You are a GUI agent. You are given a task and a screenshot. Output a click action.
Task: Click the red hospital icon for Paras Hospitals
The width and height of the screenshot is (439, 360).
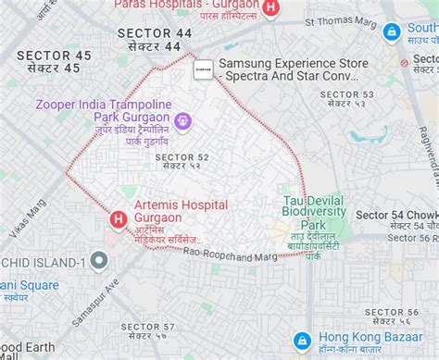pos(270,8)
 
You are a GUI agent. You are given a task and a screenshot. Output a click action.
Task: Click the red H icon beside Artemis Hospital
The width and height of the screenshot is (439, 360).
pos(119,219)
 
